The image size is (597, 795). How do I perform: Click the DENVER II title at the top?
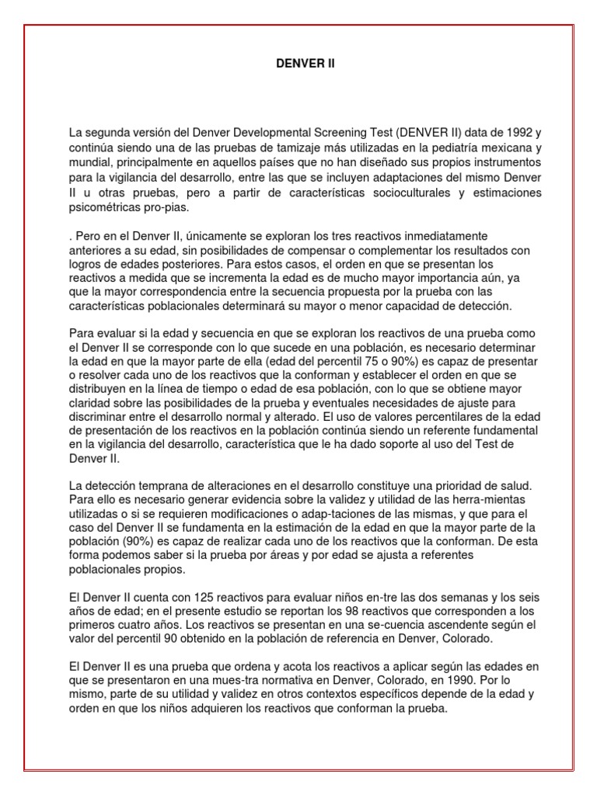tap(305, 64)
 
